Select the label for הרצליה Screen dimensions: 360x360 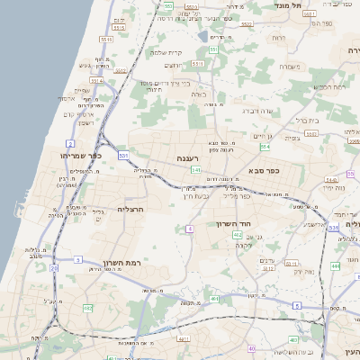pos(130,208)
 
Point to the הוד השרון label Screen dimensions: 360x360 pos(238,223)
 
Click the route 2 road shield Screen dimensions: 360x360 pos(70,143)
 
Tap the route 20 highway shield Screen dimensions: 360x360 pos(54,267)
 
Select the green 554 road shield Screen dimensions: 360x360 pos(265,147)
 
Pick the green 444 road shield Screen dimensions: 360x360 pos(334,265)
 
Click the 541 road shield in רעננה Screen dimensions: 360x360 pos(196,169)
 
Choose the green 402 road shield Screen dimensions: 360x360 pos(237,235)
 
